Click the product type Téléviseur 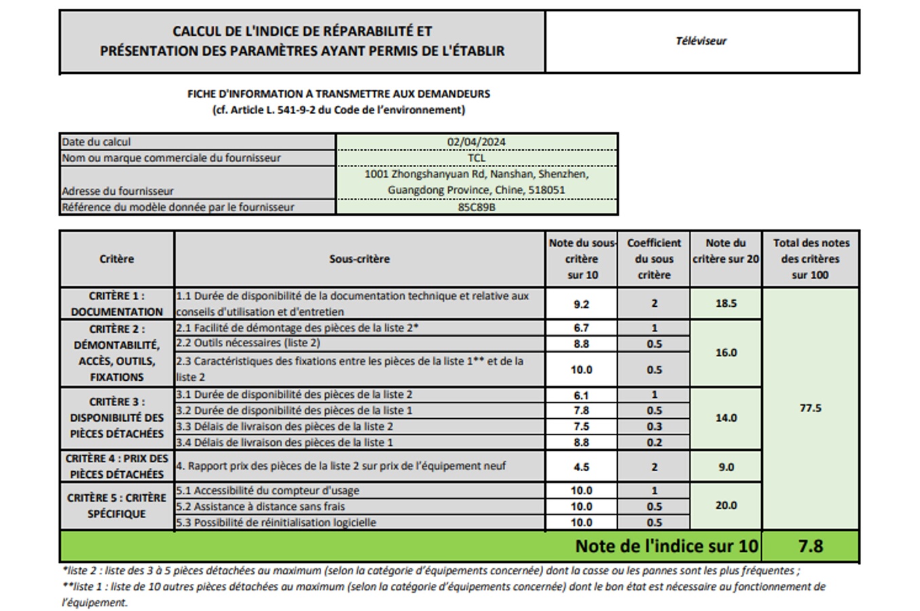[701, 41]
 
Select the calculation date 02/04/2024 [476, 142]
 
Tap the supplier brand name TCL [476, 158]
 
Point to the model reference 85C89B [476, 207]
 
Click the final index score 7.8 [810, 546]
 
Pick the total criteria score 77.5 [810, 408]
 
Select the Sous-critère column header [359, 259]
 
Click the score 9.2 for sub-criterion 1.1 [581, 304]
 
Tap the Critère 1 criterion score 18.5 [726, 303]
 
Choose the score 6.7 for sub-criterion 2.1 [581, 328]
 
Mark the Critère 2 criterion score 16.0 [726, 352]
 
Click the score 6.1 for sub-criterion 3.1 [581, 395]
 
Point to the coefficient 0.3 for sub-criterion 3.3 [654, 426]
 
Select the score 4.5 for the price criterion [581, 467]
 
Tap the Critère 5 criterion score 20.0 [726, 505]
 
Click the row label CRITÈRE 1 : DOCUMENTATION [117, 303]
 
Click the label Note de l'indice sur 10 [666, 546]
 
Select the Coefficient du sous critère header [654, 259]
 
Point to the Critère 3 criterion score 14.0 [726, 418]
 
